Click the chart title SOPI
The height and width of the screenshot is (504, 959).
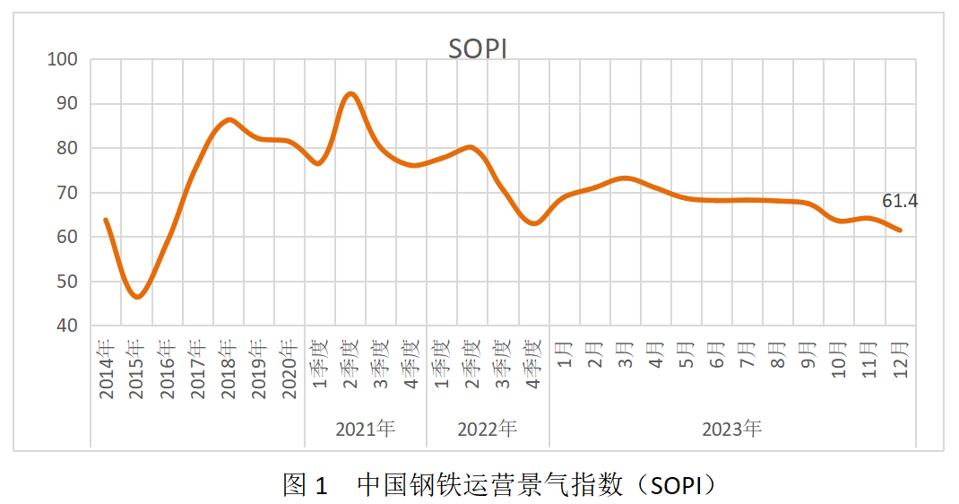pos(478,48)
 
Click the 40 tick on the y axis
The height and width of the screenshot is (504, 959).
pos(67,326)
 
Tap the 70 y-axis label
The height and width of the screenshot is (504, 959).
pos(67,193)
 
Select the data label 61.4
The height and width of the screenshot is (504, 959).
pos(900,201)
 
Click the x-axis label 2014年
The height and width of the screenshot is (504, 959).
pos(107,369)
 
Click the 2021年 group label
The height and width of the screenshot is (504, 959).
pos(366,429)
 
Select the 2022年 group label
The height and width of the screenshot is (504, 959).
pos(488,429)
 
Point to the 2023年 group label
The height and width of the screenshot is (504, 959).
pos(731,429)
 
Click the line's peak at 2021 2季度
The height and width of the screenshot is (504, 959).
pos(350,93)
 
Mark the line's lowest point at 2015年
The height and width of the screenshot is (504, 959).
pos(137,297)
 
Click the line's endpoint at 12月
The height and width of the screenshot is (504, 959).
pos(900,230)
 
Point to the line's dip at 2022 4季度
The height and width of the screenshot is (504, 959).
pos(534,223)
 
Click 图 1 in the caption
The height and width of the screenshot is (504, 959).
pos(306,485)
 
